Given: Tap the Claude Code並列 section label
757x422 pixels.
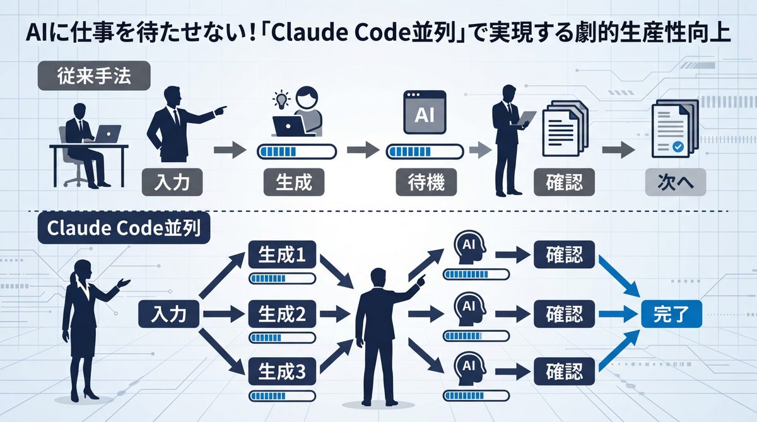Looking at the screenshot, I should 120,228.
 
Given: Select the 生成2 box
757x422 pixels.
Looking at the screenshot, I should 283,314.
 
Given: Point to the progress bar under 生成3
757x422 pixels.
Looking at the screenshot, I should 283,396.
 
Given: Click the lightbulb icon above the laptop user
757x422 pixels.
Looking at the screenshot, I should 279,99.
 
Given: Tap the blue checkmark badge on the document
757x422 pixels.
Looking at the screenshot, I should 678,146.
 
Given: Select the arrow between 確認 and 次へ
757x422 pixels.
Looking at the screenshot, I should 618,151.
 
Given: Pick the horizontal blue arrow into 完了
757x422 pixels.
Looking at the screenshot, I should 616,314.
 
